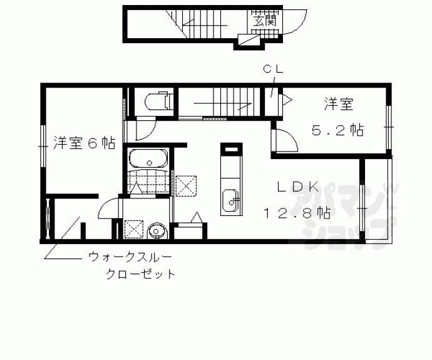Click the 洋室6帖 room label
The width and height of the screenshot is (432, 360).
point(83,143)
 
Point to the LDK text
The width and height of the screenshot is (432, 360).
point(299,187)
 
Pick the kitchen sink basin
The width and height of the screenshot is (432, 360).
point(230,201)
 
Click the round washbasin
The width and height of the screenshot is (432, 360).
point(157,232)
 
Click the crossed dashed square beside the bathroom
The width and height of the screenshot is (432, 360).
point(186,185)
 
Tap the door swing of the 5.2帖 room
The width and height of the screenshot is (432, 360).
point(285,140)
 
